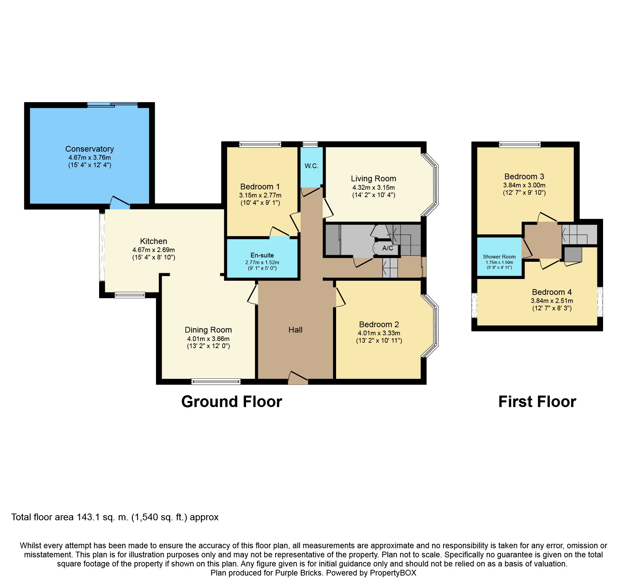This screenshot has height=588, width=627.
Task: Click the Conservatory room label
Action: tap(90, 149)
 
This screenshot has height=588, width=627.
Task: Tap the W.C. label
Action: tap(311, 166)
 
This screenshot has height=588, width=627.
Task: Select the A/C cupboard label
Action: tap(388, 248)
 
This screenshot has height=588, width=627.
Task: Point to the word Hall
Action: tap(295, 330)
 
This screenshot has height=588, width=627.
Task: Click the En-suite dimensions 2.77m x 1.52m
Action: tap(262, 262)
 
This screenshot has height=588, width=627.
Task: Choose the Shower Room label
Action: tap(499, 257)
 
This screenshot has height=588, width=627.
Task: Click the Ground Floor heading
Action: tap(232, 402)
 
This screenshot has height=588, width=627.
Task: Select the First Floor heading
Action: tap(537, 402)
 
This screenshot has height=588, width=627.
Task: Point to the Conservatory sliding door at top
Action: tap(113, 105)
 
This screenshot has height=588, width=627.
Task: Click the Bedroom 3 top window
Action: tap(520, 145)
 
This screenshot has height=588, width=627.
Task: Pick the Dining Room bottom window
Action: tap(216, 382)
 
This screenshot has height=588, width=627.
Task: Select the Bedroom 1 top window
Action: tap(260, 144)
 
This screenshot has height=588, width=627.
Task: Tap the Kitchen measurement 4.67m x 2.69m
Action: tap(154, 250)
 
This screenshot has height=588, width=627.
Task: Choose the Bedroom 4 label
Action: tap(552, 292)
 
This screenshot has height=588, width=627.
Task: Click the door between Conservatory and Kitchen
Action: tap(120, 203)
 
